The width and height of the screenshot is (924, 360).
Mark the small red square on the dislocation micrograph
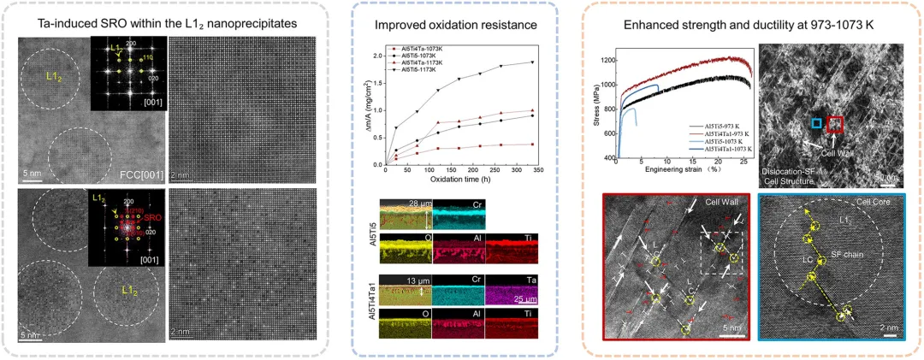(x=835, y=124)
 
